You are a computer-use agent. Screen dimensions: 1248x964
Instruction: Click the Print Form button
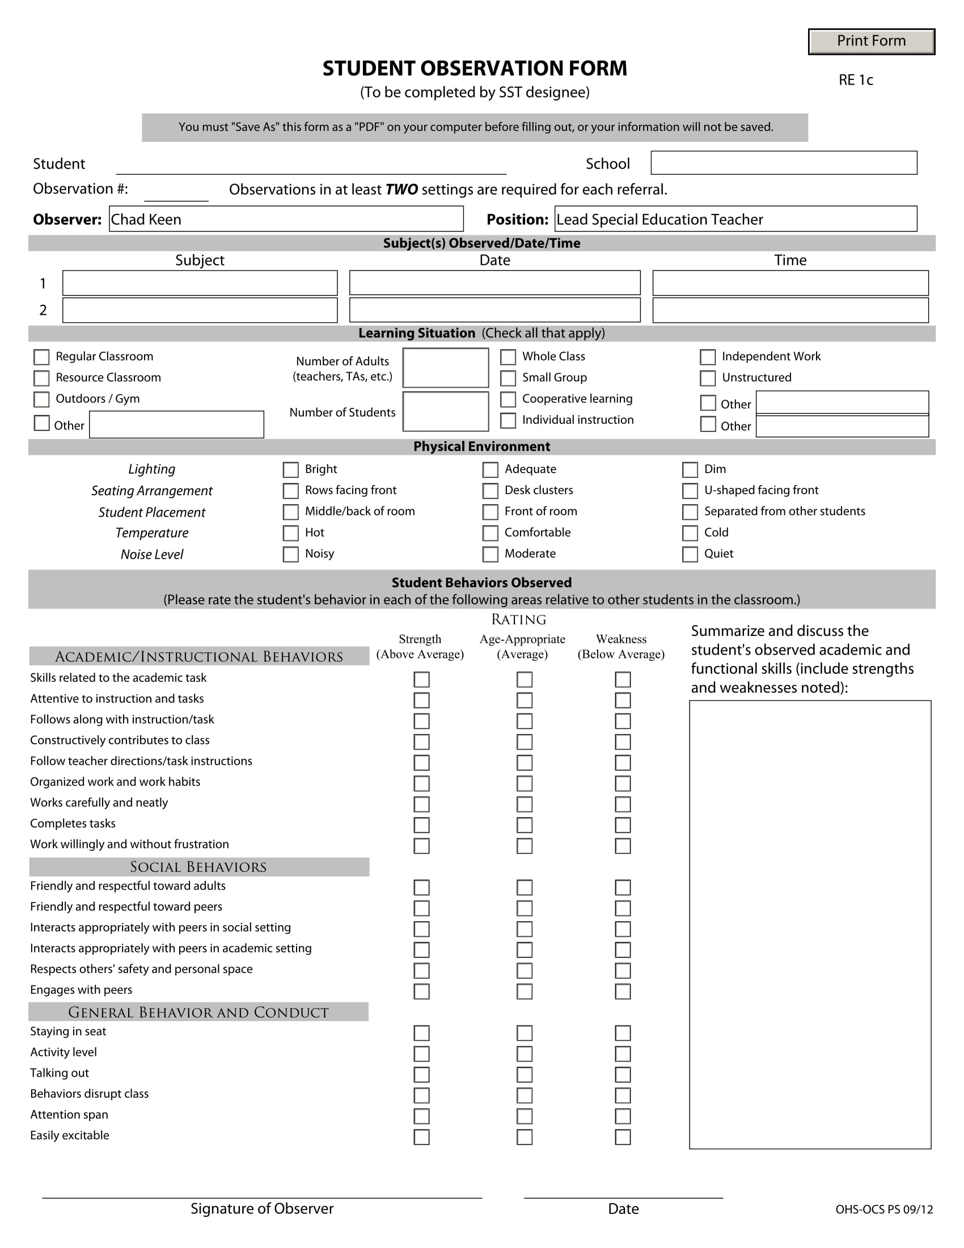click(871, 41)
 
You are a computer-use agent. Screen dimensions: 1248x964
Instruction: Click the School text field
click(784, 163)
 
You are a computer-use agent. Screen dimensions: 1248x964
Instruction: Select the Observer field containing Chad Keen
click(286, 219)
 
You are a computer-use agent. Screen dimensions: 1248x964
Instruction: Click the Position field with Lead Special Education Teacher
click(735, 219)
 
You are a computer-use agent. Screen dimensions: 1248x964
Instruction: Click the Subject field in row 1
click(200, 284)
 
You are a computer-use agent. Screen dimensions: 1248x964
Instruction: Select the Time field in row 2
click(790, 310)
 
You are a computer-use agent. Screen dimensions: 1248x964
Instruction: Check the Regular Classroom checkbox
click(42, 357)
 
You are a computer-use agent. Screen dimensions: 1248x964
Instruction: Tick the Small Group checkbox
click(508, 378)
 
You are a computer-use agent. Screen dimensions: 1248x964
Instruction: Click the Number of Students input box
click(446, 411)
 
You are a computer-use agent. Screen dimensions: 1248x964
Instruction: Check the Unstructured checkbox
click(708, 378)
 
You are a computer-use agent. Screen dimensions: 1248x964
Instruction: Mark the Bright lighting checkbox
click(291, 470)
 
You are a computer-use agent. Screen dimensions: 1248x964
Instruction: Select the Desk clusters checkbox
click(490, 491)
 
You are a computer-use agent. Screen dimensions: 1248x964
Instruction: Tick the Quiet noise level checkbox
click(690, 554)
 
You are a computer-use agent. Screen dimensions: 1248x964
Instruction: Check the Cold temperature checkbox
click(690, 533)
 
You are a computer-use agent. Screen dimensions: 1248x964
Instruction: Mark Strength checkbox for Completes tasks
click(421, 825)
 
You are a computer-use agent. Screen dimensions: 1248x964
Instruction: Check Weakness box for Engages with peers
click(623, 992)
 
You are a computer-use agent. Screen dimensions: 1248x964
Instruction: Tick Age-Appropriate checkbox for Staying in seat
click(525, 1033)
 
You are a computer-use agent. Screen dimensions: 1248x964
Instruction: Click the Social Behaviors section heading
click(198, 867)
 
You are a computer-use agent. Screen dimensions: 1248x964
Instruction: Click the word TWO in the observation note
click(401, 189)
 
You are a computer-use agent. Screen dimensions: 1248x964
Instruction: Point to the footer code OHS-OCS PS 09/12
click(883, 1209)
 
